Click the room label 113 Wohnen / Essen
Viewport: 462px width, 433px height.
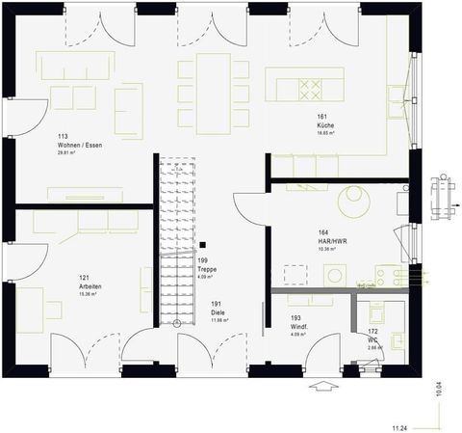[80, 141]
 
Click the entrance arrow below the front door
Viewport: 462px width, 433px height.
[322, 390]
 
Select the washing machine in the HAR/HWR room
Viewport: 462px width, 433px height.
[334, 275]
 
